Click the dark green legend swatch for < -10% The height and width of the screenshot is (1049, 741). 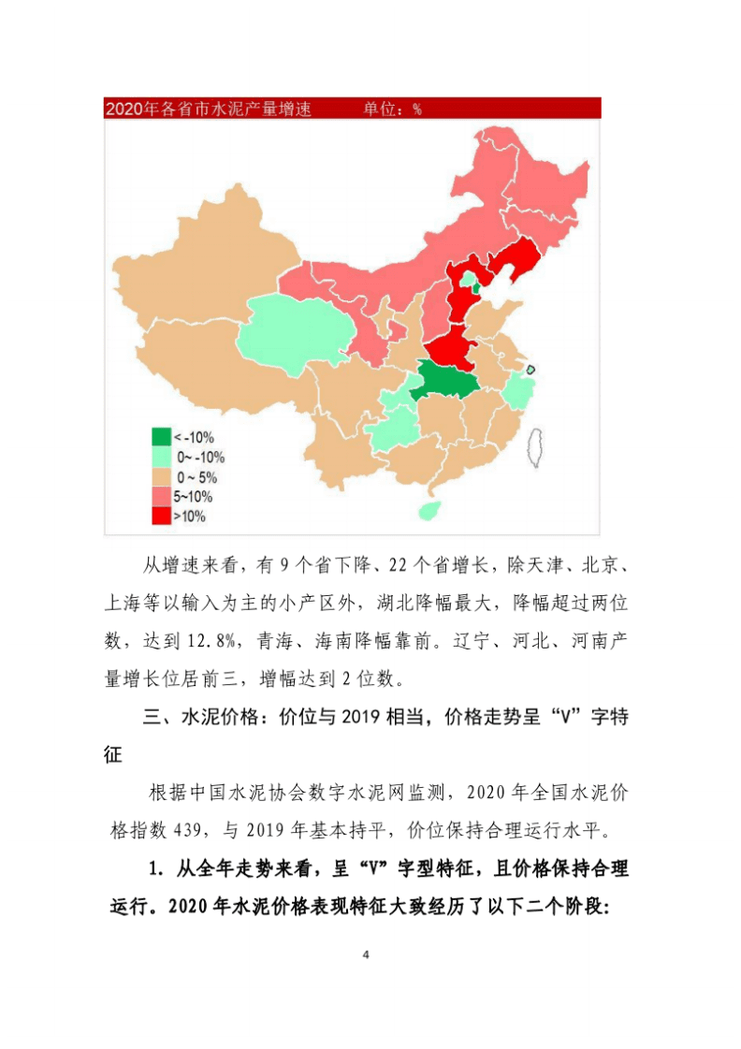pos(161,437)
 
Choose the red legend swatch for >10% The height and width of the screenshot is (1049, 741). pos(161,516)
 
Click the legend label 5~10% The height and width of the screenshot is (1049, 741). pos(193,497)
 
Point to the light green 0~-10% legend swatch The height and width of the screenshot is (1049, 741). pos(161,457)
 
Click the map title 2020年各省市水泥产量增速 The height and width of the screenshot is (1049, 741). pos(208,109)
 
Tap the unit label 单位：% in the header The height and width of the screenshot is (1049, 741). pos(392,109)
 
